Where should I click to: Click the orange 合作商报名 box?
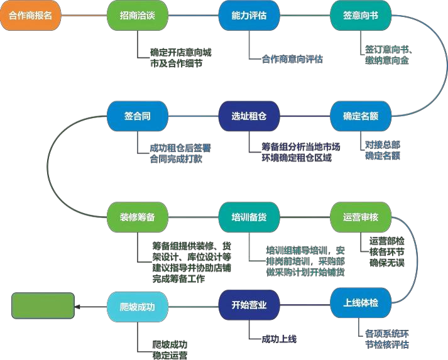coord(30,16)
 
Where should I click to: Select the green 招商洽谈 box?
coord(137,16)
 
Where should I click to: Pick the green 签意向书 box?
coord(361,16)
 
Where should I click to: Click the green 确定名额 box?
coord(361,116)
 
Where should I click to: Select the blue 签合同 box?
coord(137,116)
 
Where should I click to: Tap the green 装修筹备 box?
coord(137,217)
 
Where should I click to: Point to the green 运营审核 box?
coord(361,217)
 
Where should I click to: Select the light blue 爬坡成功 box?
coord(137,307)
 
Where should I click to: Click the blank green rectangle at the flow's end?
coord(43,307)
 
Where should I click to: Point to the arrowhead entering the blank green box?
coord(77,307)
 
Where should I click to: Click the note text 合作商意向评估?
coord(292,59)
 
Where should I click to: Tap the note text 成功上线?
coord(279,339)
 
